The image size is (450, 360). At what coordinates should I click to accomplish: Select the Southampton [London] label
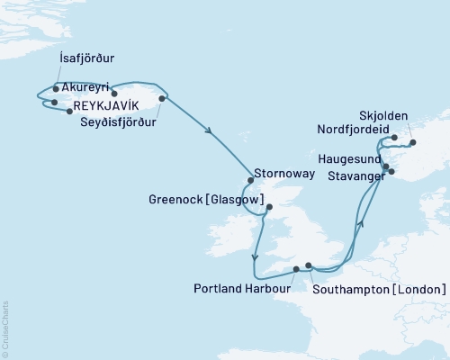tap(378, 289)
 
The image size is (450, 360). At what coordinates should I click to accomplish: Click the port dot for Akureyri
tap(114, 94)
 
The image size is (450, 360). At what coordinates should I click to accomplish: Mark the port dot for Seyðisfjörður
tap(162, 98)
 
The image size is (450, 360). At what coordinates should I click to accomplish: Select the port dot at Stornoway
tap(250, 178)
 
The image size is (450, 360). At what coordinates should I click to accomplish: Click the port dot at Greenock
tap(268, 206)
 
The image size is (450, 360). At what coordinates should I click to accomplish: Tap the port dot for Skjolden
tap(413, 142)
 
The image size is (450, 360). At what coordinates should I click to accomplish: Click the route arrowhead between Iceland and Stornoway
tap(211, 131)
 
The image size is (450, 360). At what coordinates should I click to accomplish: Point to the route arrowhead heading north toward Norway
tap(360, 222)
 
